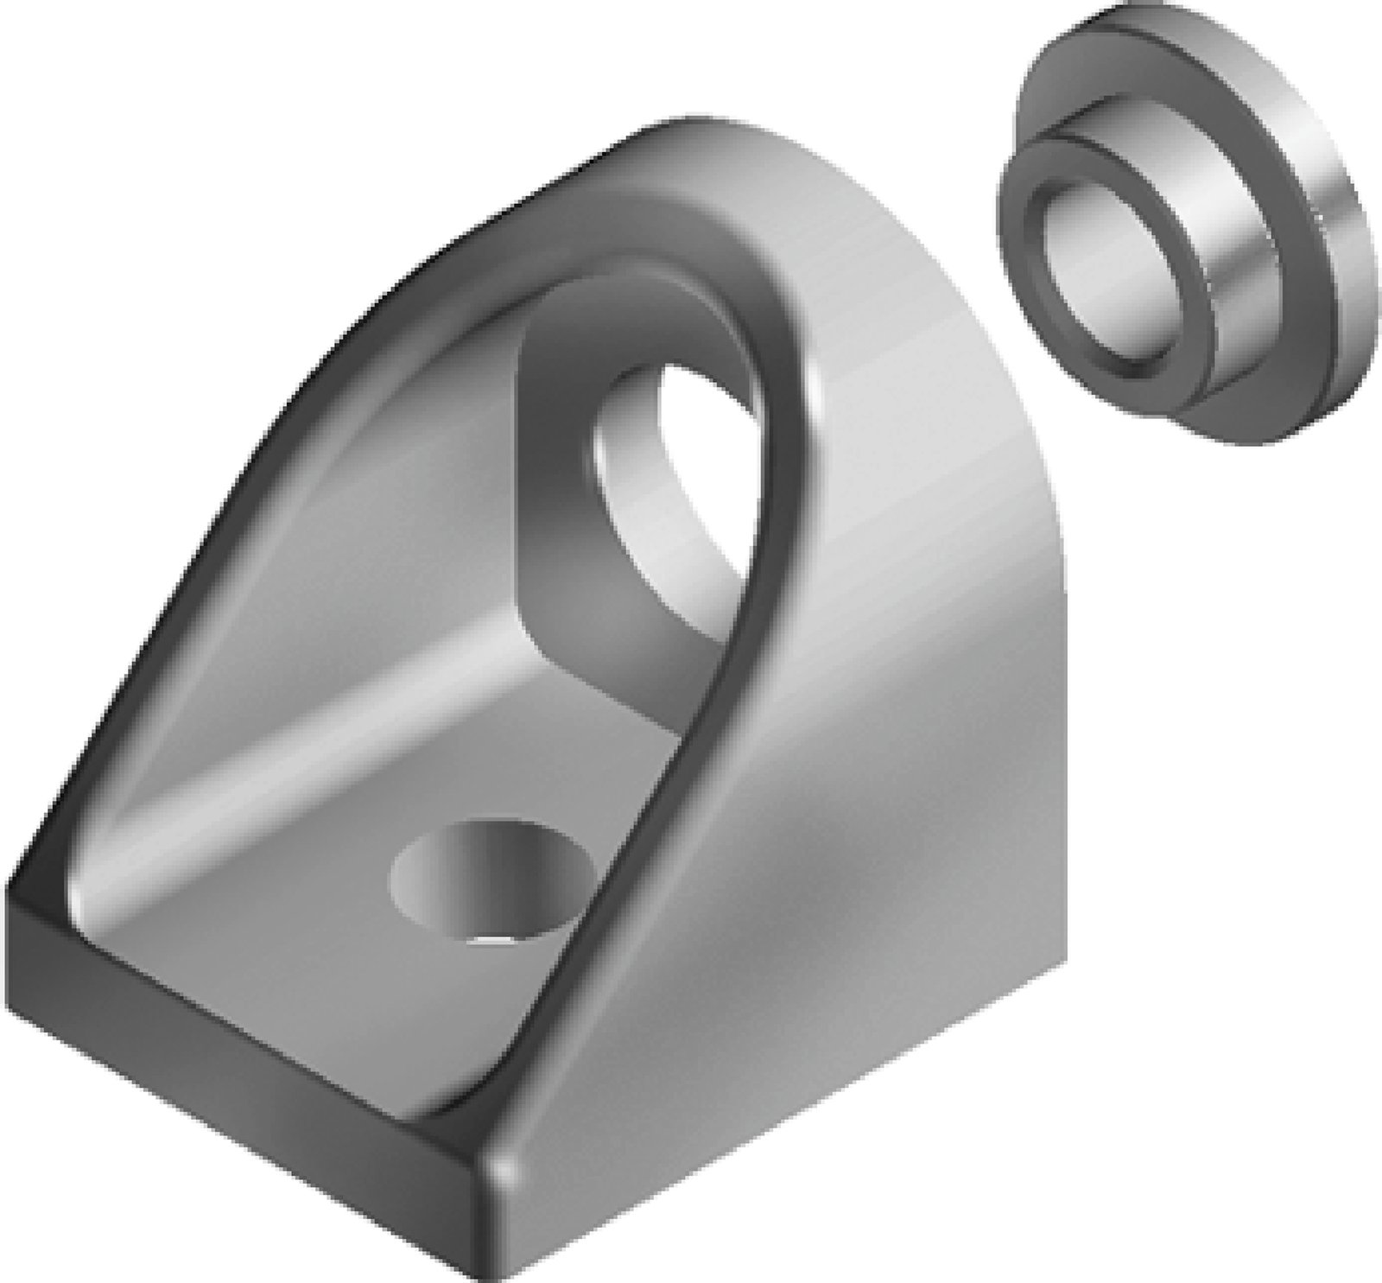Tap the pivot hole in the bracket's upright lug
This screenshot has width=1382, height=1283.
pos(669,484)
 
